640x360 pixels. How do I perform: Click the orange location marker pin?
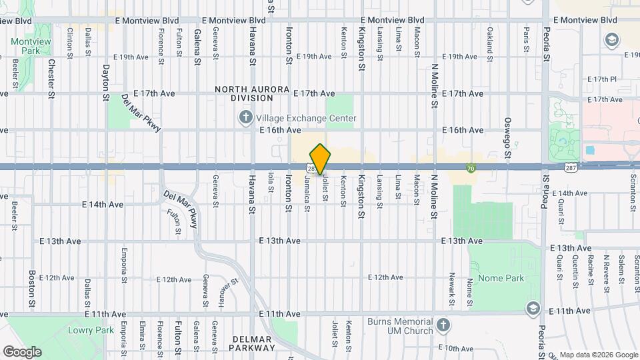point(320,159)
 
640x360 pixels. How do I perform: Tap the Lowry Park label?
point(83,330)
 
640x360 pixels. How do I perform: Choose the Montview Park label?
point(31,46)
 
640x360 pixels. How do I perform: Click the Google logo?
point(22,351)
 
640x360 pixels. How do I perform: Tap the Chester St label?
point(51,79)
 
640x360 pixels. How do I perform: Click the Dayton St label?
point(106,83)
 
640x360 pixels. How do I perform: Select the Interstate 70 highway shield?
point(471,170)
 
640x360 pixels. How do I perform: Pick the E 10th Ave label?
point(459,348)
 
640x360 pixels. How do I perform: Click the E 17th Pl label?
point(603,79)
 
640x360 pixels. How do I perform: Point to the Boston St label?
point(32,288)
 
